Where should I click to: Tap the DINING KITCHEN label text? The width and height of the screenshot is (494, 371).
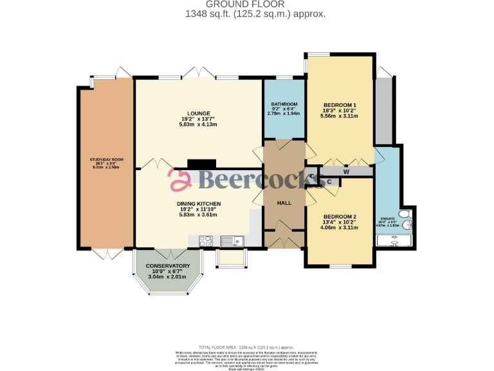pos(199,204)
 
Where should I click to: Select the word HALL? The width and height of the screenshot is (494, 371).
pos(284,203)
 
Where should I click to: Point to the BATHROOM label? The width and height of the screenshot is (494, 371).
pos(284,104)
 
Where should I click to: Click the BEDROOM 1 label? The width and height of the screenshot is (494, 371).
pos(340,105)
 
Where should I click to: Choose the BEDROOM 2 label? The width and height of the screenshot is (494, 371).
pos(340,216)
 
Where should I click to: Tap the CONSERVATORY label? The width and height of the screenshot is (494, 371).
pos(167,266)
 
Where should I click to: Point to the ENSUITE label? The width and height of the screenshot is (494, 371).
pos(388,219)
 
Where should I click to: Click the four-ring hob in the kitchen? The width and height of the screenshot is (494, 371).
pos(206,242)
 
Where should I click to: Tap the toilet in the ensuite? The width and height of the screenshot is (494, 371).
pos(405,214)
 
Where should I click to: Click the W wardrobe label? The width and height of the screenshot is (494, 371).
pos(346,171)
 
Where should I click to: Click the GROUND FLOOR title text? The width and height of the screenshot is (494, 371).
pos(246,5)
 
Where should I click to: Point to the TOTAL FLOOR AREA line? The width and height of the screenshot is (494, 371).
pos(246,347)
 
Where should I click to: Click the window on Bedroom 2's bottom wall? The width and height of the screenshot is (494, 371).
pos(341,265)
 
